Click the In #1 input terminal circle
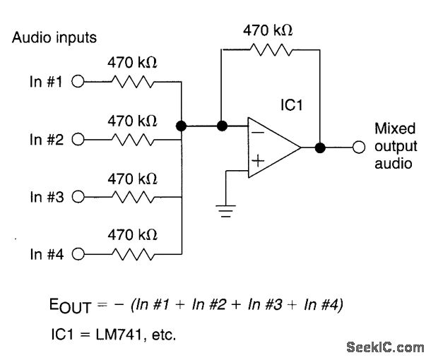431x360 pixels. pyautogui.click(x=78, y=81)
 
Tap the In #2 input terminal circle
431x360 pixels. pyautogui.click(x=78, y=139)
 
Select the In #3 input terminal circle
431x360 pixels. pyautogui.click(x=78, y=196)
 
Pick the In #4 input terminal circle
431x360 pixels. pyautogui.click(x=78, y=253)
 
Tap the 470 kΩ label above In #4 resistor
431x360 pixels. pyautogui.click(x=132, y=234)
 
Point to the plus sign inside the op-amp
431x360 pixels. pyautogui.click(x=259, y=162)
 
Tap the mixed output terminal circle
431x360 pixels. pyautogui.click(x=360, y=148)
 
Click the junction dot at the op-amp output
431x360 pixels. pyautogui.click(x=320, y=148)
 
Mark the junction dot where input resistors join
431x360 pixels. pyautogui.click(x=182, y=127)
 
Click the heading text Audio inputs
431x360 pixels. pyautogui.click(x=54, y=37)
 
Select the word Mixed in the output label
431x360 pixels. pyautogui.click(x=391, y=129)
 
